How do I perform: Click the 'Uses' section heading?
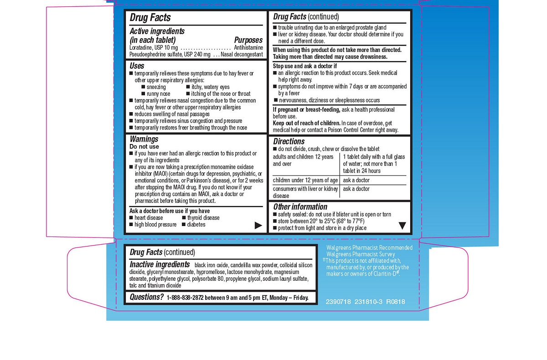(137, 66)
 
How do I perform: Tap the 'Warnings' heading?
(144, 139)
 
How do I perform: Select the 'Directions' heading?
(289, 141)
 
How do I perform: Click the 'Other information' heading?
(300, 206)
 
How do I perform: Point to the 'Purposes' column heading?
(248, 40)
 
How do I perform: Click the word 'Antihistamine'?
(248, 47)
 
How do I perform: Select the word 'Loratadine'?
(141, 47)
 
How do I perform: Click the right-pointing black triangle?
(258, 225)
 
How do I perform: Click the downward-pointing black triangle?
(402, 225)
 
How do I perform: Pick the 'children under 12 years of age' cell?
(305, 180)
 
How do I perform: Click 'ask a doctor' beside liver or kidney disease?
(356, 189)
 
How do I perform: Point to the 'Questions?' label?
(146, 297)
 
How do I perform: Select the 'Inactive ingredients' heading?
(160, 265)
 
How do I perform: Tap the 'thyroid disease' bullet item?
(203, 218)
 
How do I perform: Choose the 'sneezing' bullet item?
(156, 87)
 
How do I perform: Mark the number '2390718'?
(338, 302)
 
